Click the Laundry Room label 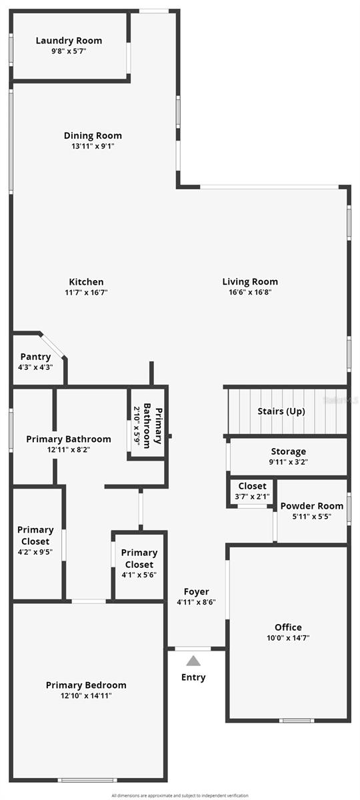(69, 41)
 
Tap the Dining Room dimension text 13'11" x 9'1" (93, 146)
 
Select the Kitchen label (87, 282)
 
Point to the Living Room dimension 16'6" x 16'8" (250, 292)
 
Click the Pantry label (35, 357)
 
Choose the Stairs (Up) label (281, 411)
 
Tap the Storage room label (289, 451)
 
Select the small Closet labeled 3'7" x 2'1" (251, 491)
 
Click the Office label (288, 627)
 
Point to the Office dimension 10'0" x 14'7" (288, 638)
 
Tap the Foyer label (196, 591)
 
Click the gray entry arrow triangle (193, 661)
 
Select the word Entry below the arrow (193, 677)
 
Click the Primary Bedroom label (86, 685)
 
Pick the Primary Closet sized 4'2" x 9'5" (35, 541)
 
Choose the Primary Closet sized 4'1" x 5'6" (139, 563)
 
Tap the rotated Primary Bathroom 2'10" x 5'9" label (147, 423)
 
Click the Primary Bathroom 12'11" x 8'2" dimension (69, 450)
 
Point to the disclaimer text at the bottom (180, 795)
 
